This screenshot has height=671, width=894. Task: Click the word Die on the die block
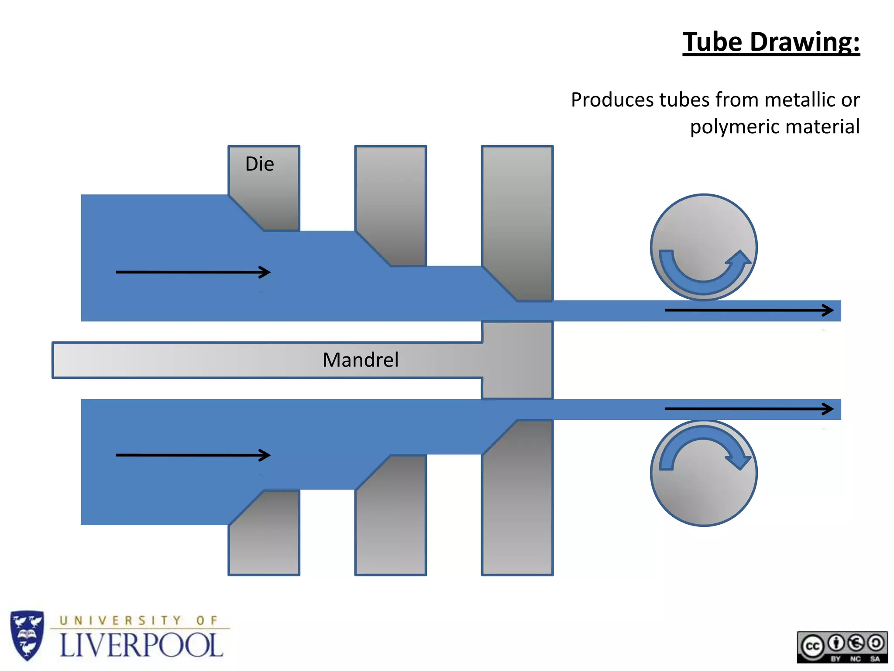[260, 164]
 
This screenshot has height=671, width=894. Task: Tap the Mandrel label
[361, 360]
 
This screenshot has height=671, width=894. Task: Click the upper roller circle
[704, 227]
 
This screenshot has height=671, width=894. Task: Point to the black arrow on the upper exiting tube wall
[749, 310]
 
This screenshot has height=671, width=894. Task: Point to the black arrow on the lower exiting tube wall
[749, 409]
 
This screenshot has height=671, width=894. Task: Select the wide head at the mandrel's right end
[518, 360]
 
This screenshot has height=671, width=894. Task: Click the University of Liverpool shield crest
[27, 635]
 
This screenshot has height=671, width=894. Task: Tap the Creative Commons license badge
[842, 647]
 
